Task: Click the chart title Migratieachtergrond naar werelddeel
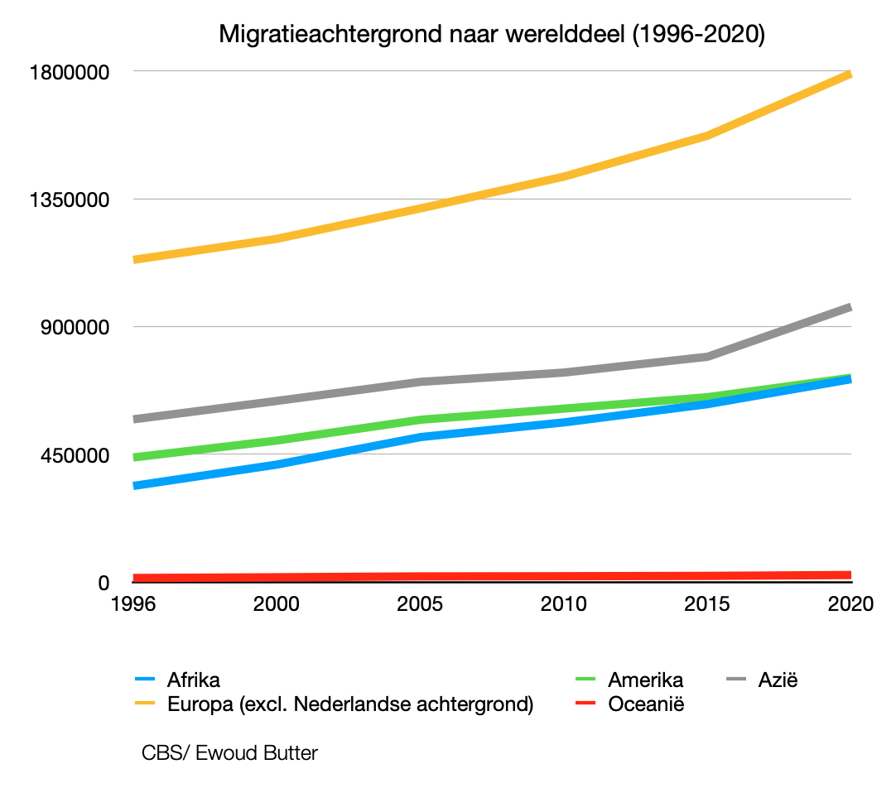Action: pyautogui.click(x=491, y=35)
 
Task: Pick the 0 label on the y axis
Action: pyautogui.click(x=104, y=583)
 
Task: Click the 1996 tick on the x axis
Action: pyautogui.click(x=133, y=603)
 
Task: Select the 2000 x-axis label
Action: pyautogui.click(x=277, y=603)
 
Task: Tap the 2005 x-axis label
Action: pyautogui.click(x=420, y=603)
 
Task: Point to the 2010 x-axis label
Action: pyautogui.click(x=564, y=603)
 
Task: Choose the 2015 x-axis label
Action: pyautogui.click(x=707, y=603)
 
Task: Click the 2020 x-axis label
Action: pyautogui.click(x=850, y=603)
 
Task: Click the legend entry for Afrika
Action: pyautogui.click(x=193, y=680)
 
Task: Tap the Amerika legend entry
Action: pyautogui.click(x=645, y=680)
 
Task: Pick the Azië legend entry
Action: pyautogui.click(x=778, y=680)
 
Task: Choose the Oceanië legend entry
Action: pyautogui.click(x=646, y=704)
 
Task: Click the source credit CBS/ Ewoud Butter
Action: pyautogui.click(x=229, y=753)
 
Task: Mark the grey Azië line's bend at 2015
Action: pyautogui.click(x=707, y=357)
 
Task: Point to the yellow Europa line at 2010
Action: pyautogui.click(x=564, y=176)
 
